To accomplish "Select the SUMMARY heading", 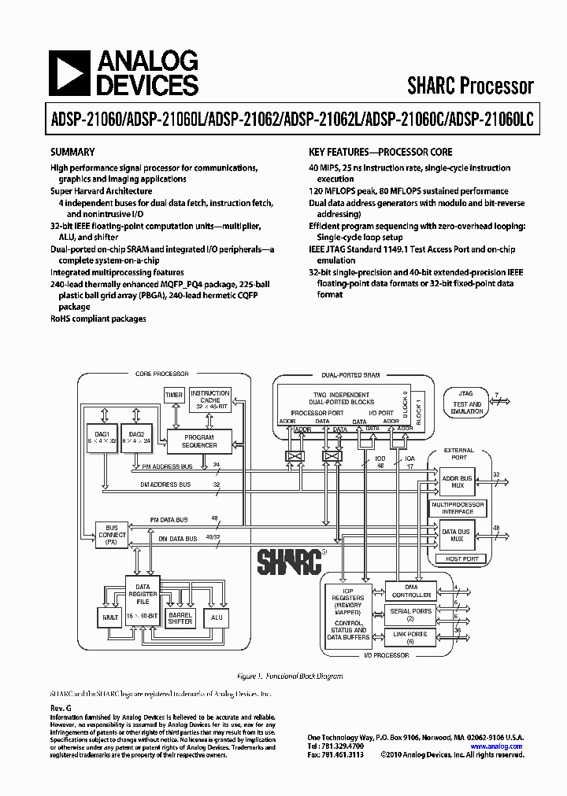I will (x=72, y=152).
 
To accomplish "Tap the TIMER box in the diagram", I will (x=174, y=395).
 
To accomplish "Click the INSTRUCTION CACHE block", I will (x=210, y=399).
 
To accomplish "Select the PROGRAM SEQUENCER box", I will (x=199, y=440).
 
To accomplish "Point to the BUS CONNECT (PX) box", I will (x=111, y=534).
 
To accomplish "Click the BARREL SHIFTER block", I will (x=180, y=618).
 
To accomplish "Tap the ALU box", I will (x=217, y=618).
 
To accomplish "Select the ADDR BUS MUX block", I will (x=456, y=481).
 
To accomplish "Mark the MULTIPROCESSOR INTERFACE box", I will (x=457, y=507).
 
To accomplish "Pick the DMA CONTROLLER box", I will (x=411, y=591).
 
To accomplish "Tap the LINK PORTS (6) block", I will (x=411, y=637).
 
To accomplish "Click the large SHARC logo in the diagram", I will (x=289, y=562).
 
